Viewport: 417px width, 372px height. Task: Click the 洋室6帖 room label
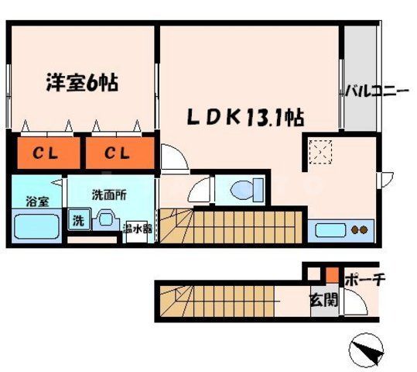[x=80, y=81]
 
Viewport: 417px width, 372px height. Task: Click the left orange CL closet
[x=43, y=153]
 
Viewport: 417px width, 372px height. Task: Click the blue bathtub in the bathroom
[x=37, y=226]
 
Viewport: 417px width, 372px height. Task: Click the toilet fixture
[x=245, y=188]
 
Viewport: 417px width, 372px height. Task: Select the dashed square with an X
[x=320, y=152]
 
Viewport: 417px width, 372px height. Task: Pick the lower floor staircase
[x=224, y=301]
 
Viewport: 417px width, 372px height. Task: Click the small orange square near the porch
[x=330, y=274]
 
